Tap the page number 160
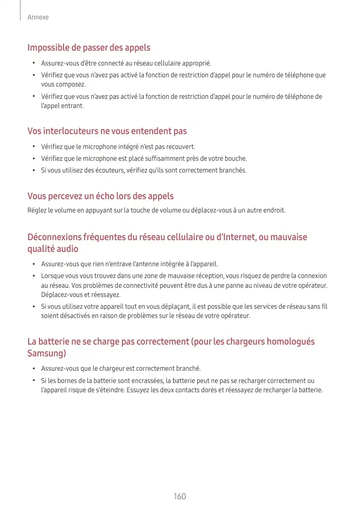[180, 496]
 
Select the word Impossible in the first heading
[48, 48]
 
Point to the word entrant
[72, 105]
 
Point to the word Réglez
[36, 210]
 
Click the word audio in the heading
[68, 248]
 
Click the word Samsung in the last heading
[46, 353]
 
